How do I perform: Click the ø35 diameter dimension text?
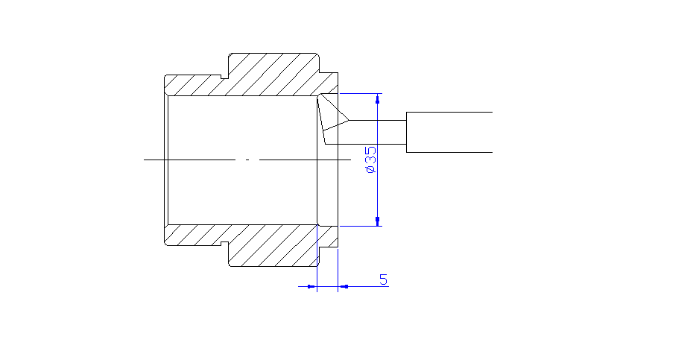(370, 160)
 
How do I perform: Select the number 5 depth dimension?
(383, 280)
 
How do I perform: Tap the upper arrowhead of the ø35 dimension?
(378, 98)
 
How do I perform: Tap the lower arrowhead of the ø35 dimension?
(378, 220)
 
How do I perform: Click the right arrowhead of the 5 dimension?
(344, 285)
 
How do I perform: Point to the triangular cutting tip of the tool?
(331, 116)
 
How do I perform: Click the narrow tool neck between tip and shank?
(376, 132)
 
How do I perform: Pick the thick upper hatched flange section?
(272, 75)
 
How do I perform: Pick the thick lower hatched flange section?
(272, 246)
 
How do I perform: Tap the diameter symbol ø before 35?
(370, 171)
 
